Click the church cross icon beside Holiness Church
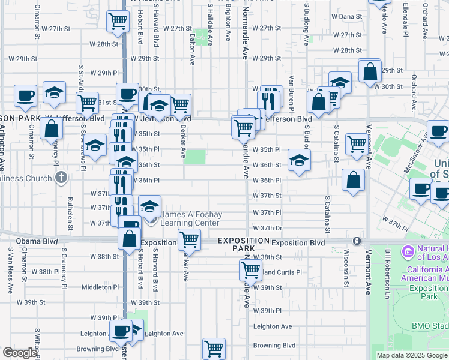(61, 178)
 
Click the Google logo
(20, 353)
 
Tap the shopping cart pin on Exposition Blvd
(189, 239)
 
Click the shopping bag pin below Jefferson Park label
(52, 129)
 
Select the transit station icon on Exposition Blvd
(357, 241)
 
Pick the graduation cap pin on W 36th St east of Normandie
(299, 161)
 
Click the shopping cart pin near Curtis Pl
(250, 270)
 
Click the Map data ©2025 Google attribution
(412, 355)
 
